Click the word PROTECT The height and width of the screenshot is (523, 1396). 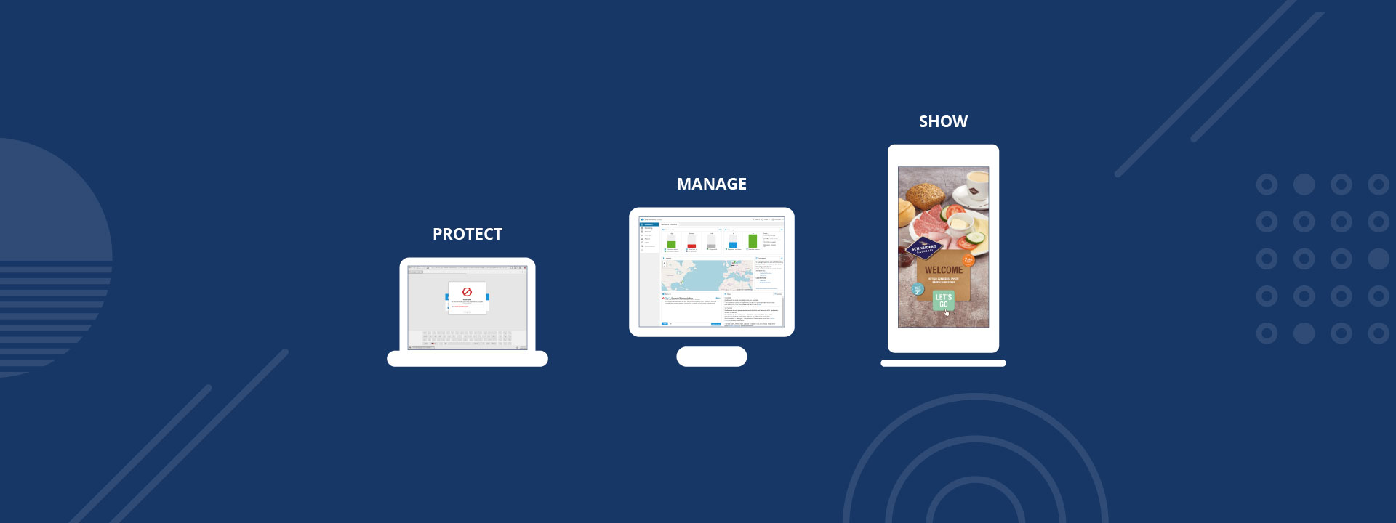pyautogui.click(x=468, y=234)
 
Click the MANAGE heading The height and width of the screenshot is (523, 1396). pyautogui.click(x=711, y=184)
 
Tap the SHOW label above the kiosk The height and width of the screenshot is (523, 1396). pyautogui.click(x=943, y=121)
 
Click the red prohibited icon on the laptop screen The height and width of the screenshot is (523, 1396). pyautogui.click(x=467, y=292)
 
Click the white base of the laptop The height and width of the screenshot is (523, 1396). pyautogui.click(x=467, y=359)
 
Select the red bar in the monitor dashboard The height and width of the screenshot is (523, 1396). pyautogui.click(x=691, y=246)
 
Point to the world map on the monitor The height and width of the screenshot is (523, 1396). pyautogui.click(x=707, y=275)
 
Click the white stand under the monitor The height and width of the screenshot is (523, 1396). pyautogui.click(x=711, y=357)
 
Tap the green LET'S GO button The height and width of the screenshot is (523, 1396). pyautogui.click(x=943, y=300)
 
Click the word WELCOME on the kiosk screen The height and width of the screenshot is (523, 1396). pyautogui.click(x=943, y=270)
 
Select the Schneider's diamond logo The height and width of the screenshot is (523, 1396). pyautogui.click(x=923, y=248)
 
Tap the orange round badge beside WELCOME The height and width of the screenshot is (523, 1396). pyautogui.click(x=968, y=260)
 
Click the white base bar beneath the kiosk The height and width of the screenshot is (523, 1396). pyautogui.click(x=943, y=363)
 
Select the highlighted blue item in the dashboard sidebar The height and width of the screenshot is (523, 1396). pyautogui.click(x=649, y=224)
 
